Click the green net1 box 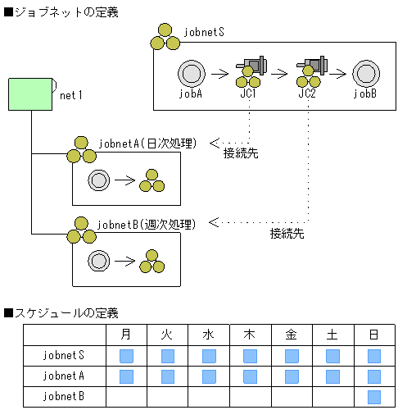[x=31, y=94]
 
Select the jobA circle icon [x=190, y=74]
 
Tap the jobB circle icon [x=364, y=74]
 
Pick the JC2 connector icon [x=310, y=71]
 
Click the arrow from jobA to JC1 [x=219, y=74]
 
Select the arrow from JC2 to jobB [x=337, y=74]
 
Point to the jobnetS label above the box [x=205, y=33]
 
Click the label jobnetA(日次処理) [x=147, y=143]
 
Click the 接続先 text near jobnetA [x=241, y=153]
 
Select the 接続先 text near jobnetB [x=287, y=234]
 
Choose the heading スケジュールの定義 [x=61, y=313]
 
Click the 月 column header [x=126, y=335]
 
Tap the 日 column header [x=374, y=335]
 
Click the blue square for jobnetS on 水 [x=209, y=356]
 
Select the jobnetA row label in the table [x=64, y=376]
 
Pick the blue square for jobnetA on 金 [x=292, y=376]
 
